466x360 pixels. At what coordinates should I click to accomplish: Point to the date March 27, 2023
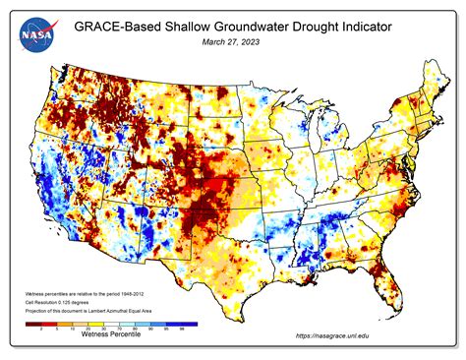(x=232, y=42)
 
